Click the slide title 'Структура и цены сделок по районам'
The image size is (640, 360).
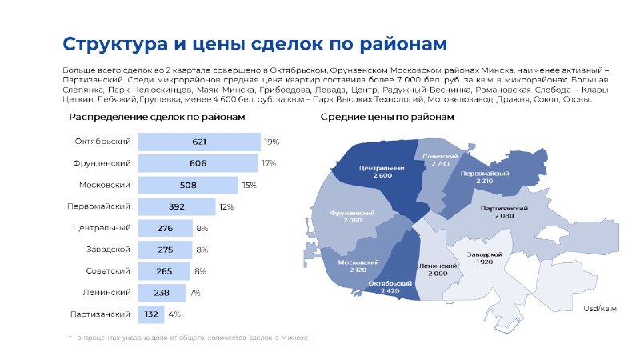(254, 44)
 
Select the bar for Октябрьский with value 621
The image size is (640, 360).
(199, 142)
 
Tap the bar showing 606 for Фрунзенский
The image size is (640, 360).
(198, 163)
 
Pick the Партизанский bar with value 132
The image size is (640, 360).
(151, 314)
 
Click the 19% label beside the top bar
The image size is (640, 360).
(271, 142)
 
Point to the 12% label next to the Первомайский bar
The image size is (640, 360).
(226, 206)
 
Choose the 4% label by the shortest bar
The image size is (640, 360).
(174, 314)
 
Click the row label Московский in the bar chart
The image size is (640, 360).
(105, 185)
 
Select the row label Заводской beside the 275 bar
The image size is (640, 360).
(108, 250)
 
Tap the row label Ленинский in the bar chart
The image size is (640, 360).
(106, 293)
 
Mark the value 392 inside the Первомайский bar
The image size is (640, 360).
(176, 206)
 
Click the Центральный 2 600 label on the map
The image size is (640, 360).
(382, 171)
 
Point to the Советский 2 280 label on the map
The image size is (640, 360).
(440, 160)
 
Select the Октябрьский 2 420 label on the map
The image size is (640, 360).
(390, 287)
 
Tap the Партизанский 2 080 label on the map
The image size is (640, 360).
(504, 212)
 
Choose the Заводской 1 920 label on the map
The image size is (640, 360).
(485, 258)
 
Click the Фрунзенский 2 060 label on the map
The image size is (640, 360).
(352, 216)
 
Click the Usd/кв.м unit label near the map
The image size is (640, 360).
(599, 309)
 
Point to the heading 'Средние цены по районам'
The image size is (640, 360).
(387, 117)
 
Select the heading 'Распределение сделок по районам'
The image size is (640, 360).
(157, 117)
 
